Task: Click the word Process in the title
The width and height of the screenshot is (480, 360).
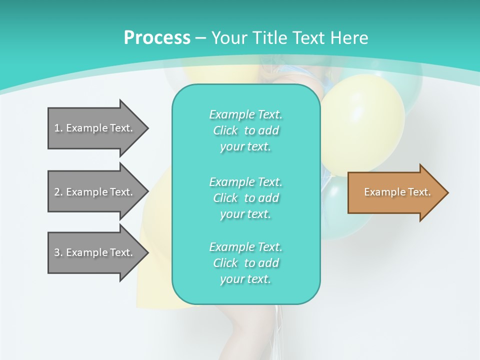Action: [157, 38]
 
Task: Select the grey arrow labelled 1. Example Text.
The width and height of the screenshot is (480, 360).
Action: [95, 128]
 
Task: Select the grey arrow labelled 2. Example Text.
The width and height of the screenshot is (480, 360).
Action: [95, 192]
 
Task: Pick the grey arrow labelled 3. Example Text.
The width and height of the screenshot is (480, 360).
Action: [95, 252]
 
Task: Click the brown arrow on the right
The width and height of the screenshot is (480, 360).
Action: [395, 192]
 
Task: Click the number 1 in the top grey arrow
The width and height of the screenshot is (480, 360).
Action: [57, 128]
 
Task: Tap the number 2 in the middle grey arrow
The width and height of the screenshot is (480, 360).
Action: [57, 192]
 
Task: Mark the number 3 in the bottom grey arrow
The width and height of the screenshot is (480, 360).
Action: [57, 252]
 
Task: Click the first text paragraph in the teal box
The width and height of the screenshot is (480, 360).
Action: [245, 130]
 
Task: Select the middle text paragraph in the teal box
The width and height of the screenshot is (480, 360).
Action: [245, 198]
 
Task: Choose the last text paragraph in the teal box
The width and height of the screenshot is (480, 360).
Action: [245, 263]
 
